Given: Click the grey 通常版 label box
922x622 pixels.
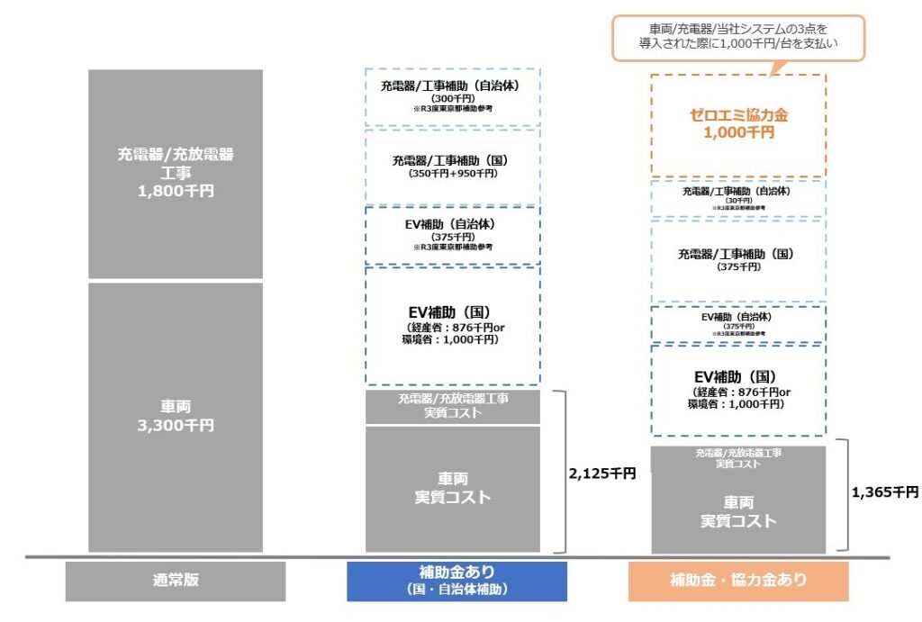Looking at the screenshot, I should (175, 581).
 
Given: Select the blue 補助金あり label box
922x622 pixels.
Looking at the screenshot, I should (456, 581).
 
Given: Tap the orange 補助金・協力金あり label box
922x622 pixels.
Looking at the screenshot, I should (738, 581).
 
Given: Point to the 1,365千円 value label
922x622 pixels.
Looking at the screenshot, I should (884, 492).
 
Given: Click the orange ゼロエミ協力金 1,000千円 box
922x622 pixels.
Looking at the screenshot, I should (737, 124).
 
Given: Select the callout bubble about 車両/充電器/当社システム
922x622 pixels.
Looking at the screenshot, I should (737, 38).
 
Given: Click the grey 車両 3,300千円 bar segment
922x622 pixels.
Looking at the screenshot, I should (176, 417).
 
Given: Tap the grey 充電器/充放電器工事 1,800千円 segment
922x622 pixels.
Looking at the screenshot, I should (176, 173).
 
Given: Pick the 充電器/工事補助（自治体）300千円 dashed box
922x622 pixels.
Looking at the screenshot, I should (453, 96).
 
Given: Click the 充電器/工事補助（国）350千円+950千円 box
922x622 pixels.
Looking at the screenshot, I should (453, 167).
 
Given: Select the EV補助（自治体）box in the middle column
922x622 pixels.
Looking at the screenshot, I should (453, 235).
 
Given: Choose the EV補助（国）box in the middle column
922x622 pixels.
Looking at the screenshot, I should (453, 325).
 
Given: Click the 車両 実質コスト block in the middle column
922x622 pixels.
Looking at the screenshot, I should (453, 488).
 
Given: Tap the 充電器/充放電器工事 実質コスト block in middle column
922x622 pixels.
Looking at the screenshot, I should (453, 406).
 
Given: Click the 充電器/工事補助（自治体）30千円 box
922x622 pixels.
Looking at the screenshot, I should (737, 198).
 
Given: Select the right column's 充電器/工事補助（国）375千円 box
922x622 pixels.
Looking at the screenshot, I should (737, 260).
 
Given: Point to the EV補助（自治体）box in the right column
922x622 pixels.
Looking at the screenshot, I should (737, 323).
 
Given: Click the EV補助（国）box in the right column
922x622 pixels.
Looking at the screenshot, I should (737, 390).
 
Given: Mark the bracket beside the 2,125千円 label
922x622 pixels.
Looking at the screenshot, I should (564, 472).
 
